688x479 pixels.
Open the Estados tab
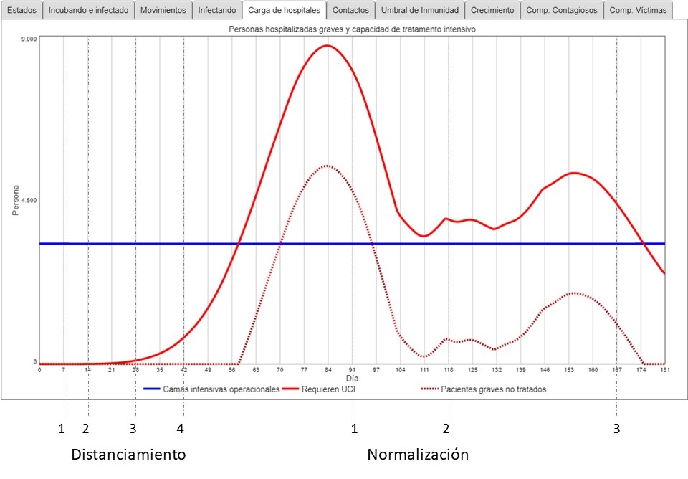(21, 11)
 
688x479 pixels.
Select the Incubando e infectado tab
(89, 11)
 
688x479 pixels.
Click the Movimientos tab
(163, 11)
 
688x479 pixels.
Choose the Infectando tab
(217, 11)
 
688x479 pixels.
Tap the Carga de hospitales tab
(285, 11)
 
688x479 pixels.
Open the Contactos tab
(351, 11)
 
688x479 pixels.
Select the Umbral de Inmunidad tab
(420, 11)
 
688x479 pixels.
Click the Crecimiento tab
(492, 11)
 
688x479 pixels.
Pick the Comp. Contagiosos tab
(561, 11)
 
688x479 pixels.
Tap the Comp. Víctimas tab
(638, 11)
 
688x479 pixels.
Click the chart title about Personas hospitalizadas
(351, 29)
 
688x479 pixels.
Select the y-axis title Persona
(16, 201)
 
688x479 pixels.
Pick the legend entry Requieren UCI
(330, 389)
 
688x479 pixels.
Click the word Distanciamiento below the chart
(128, 455)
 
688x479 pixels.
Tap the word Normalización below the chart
(418, 455)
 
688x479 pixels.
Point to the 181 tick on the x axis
(665, 369)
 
